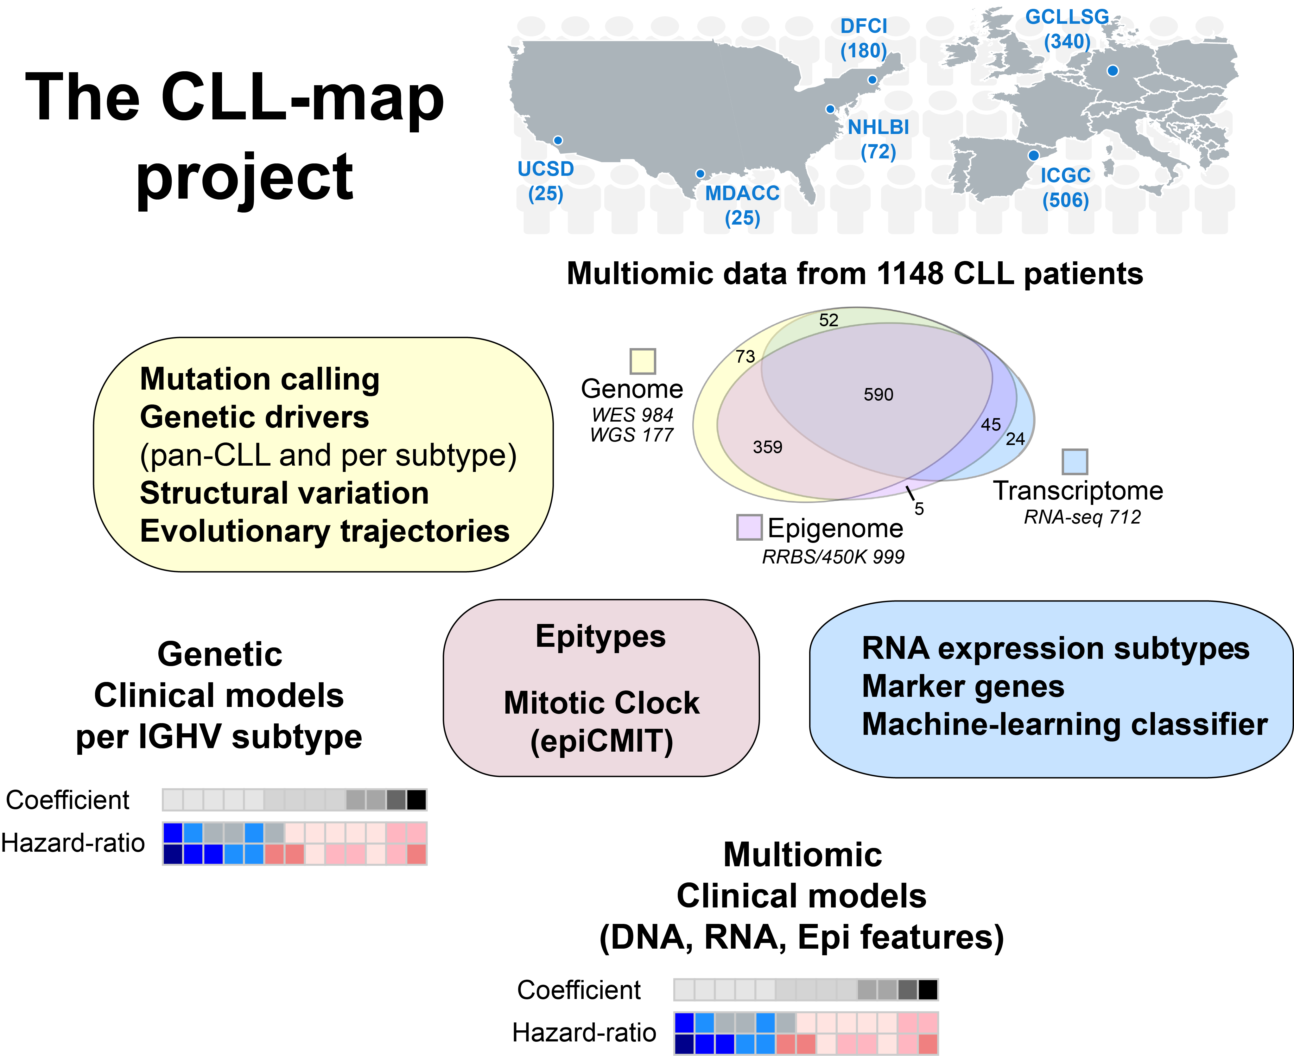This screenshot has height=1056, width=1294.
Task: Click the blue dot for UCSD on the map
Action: (558, 141)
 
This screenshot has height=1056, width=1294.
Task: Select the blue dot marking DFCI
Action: (872, 80)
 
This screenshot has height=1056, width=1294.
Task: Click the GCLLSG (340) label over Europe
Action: (1067, 29)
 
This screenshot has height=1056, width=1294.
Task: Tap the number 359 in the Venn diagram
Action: (767, 447)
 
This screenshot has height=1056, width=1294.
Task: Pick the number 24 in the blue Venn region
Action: (1015, 439)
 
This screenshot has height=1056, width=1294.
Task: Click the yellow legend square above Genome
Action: (643, 361)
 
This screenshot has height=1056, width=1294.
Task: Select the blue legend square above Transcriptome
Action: (1075, 462)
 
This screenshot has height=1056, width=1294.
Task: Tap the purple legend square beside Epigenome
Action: (749, 527)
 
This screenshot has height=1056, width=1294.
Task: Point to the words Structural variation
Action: (284, 493)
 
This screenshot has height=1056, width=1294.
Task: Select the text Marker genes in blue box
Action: (963, 686)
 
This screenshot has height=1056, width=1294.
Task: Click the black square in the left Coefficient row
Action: (416, 800)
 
